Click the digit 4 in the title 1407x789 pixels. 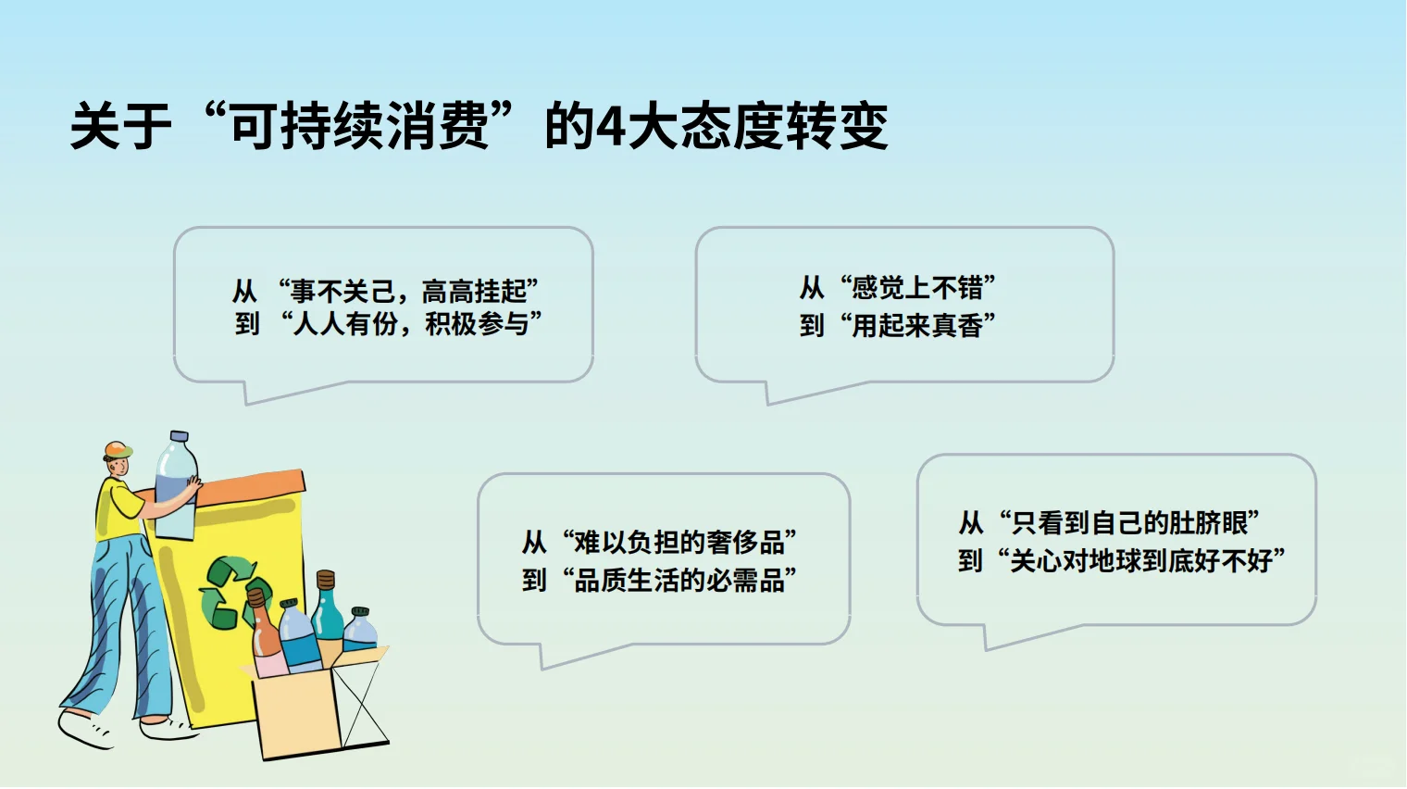tap(610, 127)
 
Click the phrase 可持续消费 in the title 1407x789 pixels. tap(358, 127)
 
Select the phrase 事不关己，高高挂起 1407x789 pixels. tap(408, 292)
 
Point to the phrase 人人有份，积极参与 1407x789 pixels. tap(410, 324)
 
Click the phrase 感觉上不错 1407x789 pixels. tap(916, 288)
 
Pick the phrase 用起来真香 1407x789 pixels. tap(916, 326)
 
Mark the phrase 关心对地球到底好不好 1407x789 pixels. tap(1147, 561)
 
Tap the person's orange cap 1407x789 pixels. tap(117, 450)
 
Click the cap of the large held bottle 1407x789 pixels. tap(179, 436)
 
